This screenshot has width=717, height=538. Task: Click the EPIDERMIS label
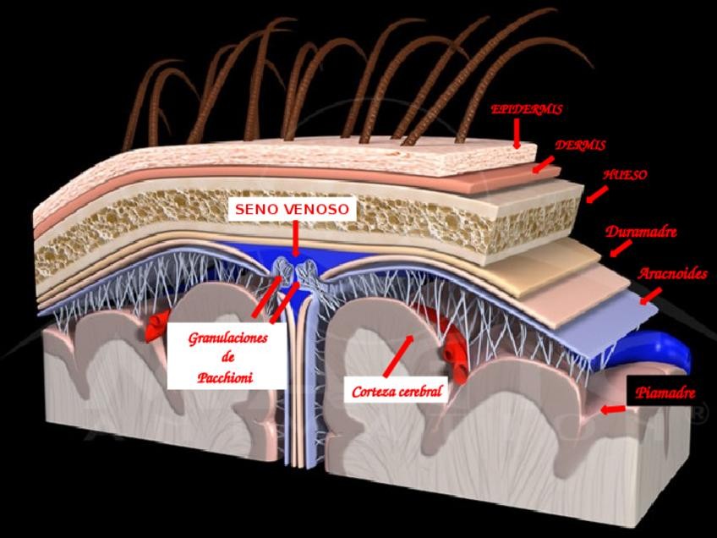527,109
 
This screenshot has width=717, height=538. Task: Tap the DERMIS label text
580,145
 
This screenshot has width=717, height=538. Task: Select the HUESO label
626,175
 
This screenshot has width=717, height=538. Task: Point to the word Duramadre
641,231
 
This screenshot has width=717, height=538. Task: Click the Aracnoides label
672,273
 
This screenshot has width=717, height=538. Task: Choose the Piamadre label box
665,393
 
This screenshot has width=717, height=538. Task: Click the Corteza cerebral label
397,392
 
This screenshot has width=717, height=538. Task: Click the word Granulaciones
228,338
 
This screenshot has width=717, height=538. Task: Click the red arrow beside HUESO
597,195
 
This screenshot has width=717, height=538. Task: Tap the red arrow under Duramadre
620,248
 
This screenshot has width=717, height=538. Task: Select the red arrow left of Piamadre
613,409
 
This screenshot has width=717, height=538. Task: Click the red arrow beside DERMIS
544,162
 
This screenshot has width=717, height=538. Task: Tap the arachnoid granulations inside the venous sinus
295,272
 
